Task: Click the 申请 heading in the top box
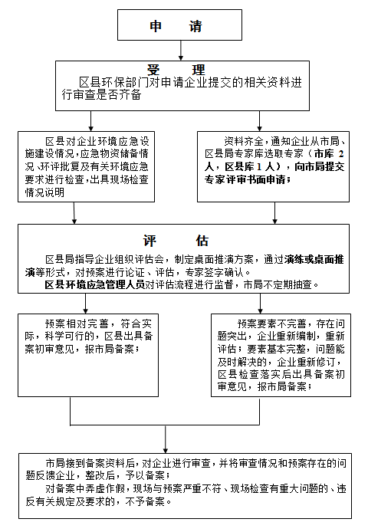tap(176, 26)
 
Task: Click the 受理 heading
tap(176, 70)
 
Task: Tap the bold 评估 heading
tap(176, 241)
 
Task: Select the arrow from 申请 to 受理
tap(181, 51)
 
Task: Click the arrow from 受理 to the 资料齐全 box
tap(259, 121)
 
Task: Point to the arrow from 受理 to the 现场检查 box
tap(90, 121)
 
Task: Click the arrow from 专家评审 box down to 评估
tap(274, 213)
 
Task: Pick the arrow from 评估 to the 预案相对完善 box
tap(85, 304)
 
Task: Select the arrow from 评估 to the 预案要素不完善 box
tap(260, 304)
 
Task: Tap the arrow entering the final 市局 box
tap(166, 439)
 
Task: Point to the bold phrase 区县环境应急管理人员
tap(95, 284)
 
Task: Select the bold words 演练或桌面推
tap(314, 260)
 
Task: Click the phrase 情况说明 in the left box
tap(44, 192)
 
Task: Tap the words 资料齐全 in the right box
tap(243, 141)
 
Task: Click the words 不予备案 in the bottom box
tap(145, 501)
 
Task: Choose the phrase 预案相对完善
tap(77, 323)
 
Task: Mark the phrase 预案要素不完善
tap(271, 323)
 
